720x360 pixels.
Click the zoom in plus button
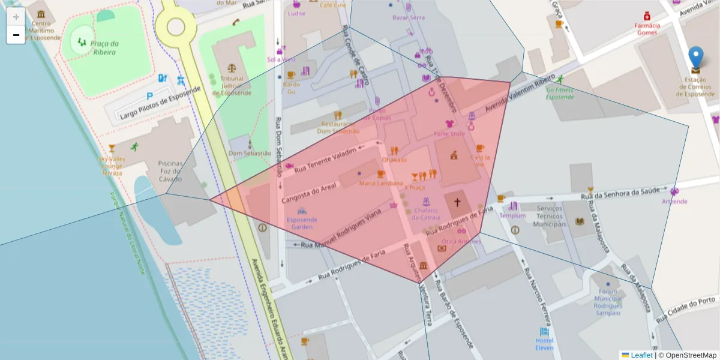(16, 16)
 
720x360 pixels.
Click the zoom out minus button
(16, 35)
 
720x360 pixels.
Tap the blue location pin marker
(695, 58)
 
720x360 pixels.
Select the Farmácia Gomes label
(647, 29)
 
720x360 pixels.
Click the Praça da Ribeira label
(104, 47)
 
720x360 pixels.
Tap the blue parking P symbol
(149, 96)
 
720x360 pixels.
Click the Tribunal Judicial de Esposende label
(232, 85)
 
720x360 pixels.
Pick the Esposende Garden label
(302, 223)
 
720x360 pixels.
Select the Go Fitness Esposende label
(559, 94)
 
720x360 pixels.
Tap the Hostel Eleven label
(544, 344)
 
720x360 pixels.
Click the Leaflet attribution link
(641, 355)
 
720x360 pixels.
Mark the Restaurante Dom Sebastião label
(338, 127)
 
